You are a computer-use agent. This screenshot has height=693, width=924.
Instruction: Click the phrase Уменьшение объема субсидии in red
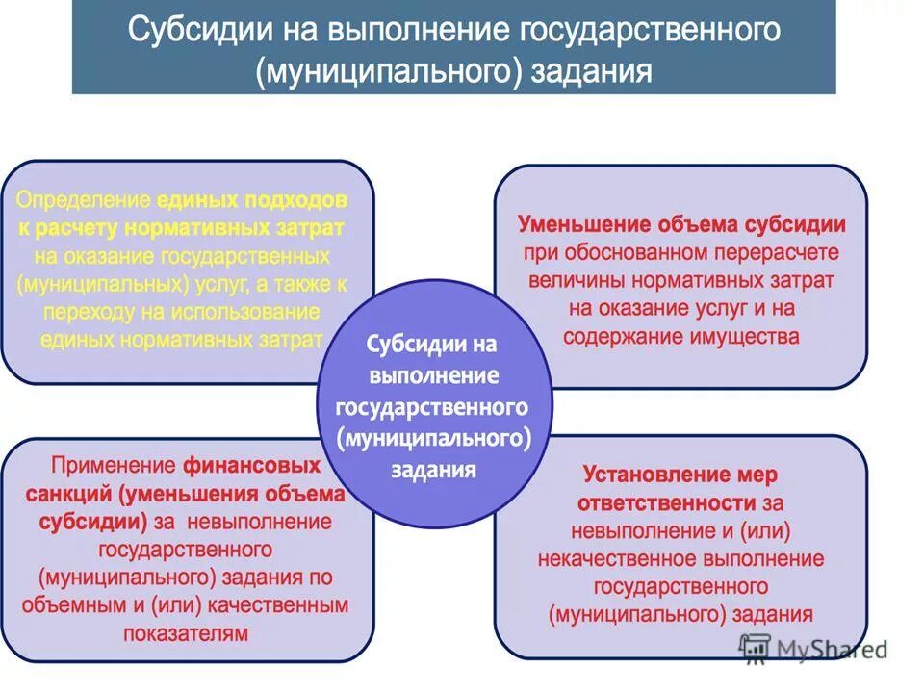pyautogui.click(x=681, y=225)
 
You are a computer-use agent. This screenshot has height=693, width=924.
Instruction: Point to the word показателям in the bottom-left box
pyautogui.click(x=186, y=634)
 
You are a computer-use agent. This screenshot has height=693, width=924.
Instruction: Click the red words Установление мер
pyautogui.click(x=680, y=475)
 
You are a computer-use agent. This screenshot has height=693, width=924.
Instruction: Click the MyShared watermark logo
pyautogui.click(x=813, y=650)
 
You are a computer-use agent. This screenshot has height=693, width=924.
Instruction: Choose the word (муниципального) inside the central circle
pyautogui.click(x=435, y=438)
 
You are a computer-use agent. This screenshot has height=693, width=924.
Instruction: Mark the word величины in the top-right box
pyautogui.click(x=568, y=281)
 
